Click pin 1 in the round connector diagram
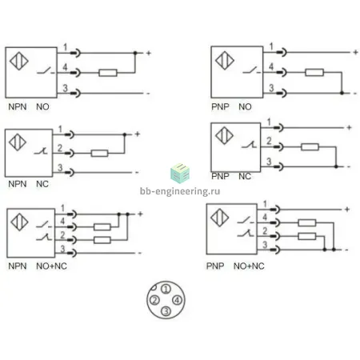click(166, 289)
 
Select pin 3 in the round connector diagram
click(166, 310)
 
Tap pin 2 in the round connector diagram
click(154, 300)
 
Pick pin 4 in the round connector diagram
click(177, 300)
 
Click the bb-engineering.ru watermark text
click(180, 191)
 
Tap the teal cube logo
click(180, 174)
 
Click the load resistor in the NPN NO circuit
click(108, 73)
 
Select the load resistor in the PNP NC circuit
click(310, 146)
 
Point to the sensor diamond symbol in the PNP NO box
click(225, 61)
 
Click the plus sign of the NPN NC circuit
click(137, 134)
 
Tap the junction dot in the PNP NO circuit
click(342, 93)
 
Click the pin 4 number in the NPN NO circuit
click(65, 67)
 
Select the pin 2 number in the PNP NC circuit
click(269, 141)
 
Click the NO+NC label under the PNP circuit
click(249, 266)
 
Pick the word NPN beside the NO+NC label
click(18, 266)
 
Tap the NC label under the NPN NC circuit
click(42, 184)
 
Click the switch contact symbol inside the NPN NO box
click(46, 70)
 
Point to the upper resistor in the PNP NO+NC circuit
click(307, 222)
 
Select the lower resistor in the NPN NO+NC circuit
click(102, 240)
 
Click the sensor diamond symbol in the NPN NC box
click(18, 142)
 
